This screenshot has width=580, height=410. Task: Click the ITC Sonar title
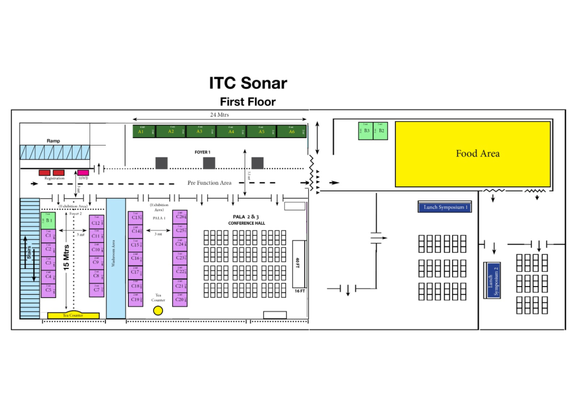click(x=248, y=83)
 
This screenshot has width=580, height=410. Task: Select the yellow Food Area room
click(x=472, y=153)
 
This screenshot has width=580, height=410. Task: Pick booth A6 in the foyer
click(x=292, y=131)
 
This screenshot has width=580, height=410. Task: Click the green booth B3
click(x=366, y=131)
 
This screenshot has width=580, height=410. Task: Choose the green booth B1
click(x=48, y=220)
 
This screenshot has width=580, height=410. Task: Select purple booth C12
click(x=96, y=223)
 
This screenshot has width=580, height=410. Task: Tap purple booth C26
click(x=180, y=217)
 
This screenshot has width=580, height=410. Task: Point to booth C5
click(x=48, y=291)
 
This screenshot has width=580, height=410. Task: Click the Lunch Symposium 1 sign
click(x=445, y=207)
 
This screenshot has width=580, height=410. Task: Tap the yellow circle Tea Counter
click(x=158, y=310)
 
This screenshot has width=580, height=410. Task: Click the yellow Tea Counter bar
click(x=73, y=315)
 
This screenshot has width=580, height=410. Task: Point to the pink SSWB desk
click(x=83, y=172)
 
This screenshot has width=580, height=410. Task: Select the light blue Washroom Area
click(x=116, y=258)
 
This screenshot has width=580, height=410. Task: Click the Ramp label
click(x=53, y=140)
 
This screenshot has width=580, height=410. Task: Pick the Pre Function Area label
click(x=210, y=183)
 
